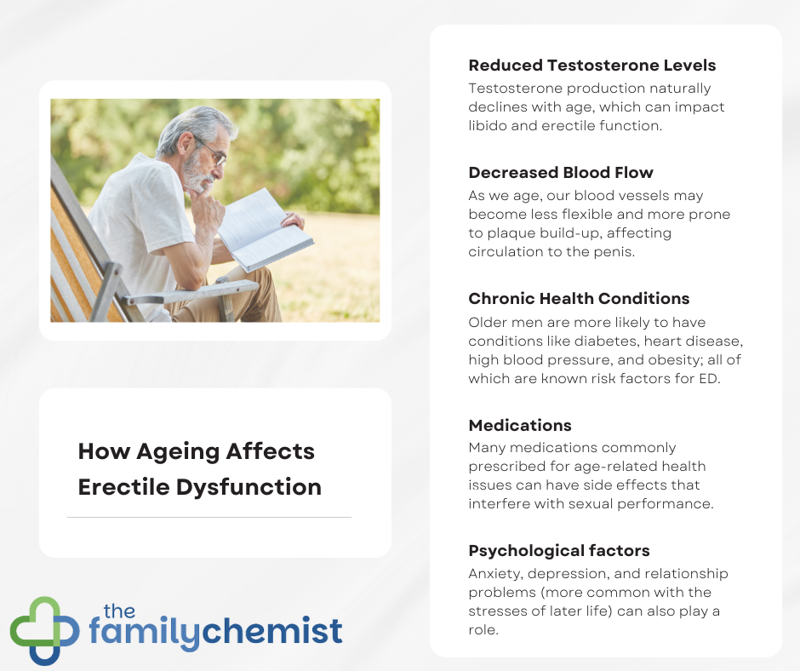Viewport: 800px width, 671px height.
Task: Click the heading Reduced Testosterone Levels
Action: click(591, 66)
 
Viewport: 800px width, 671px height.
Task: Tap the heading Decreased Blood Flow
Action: click(561, 173)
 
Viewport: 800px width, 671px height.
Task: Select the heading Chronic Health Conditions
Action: click(579, 298)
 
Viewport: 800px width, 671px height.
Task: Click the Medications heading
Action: click(520, 425)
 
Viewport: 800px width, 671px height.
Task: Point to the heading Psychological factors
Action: click(559, 551)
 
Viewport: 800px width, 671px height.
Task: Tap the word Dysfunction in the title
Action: click(249, 487)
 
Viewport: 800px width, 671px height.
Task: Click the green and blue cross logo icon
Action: click(45, 631)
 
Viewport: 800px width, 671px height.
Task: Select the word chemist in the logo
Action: click(272, 632)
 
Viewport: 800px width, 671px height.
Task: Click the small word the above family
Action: click(119, 611)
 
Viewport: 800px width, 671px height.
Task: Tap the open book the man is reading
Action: click(266, 231)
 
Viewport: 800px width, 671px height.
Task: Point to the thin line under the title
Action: click(209, 517)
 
